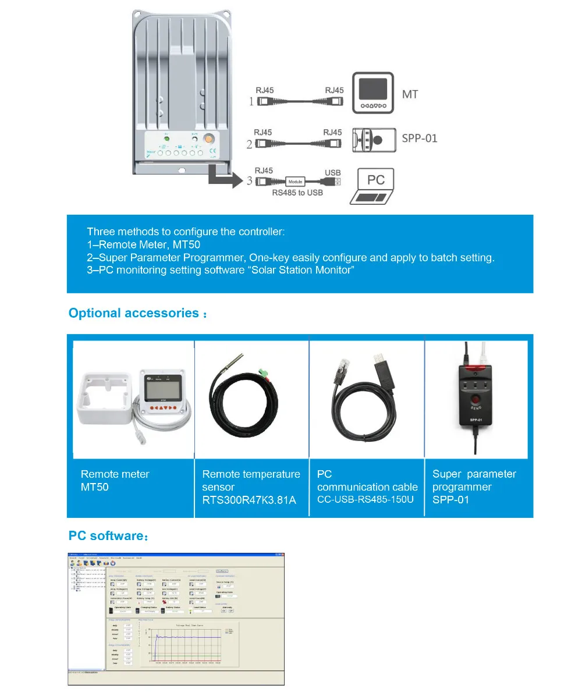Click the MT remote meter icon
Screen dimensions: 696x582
[x=372, y=93]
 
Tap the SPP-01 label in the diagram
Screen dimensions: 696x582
[x=419, y=139]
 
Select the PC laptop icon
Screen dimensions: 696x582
[x=372, y=186]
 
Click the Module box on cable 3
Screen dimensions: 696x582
[x=295, y=182]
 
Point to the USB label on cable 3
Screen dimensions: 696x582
[x=332, y=172]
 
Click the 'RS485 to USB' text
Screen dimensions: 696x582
[x=297, y=192]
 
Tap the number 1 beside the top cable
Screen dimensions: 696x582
[x=251, y=101]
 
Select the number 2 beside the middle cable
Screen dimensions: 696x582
[x=250, y=144]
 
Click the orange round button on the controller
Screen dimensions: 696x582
[x=208, y=140]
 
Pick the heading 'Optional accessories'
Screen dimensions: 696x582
[x=134, y=313]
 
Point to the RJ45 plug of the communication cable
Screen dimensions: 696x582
[x=339, y=370]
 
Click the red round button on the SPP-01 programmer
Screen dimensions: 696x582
[x=477, y=400]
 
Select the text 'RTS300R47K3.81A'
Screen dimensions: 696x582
[x=249, y=500]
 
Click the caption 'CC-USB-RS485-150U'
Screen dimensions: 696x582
[x=365, y=499]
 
